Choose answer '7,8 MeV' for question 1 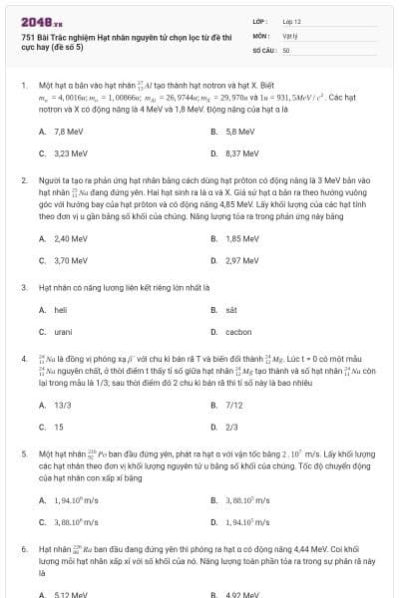68,132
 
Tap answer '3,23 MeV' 70,153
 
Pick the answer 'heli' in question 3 60,310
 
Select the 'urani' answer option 62,332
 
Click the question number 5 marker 23,453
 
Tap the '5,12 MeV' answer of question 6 70,595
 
